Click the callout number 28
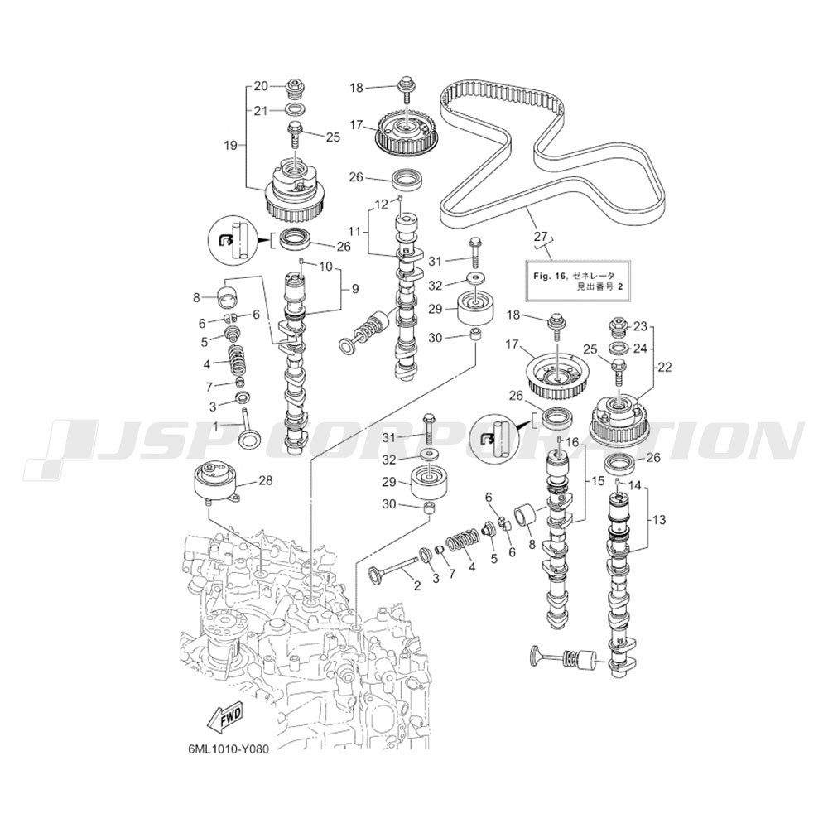click(x=266, y=480)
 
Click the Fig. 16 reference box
click(x=578, y=281)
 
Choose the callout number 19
click(x=231, y=145)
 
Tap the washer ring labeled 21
click(x=295, y=110)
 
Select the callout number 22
click(x=664, y=367)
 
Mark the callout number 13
click(x=659, y=520)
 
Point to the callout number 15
click(x=597, y=481)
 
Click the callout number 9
click(x=355, y=288)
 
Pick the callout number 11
click(x=354, y=231)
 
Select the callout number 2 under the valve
click(x=416, y=585)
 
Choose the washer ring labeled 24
click(x=618, y=349)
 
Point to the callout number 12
click(x=382, y=204)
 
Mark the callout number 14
click(x=635, y=484)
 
